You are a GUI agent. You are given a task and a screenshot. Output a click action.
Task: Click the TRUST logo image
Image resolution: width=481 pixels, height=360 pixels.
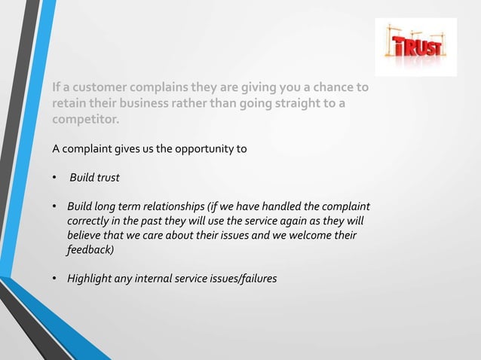pyautogui.click(x=415, y=47)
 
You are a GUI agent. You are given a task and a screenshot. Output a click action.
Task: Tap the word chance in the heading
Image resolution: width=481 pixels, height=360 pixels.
pyautogui.click(x=330, y=88)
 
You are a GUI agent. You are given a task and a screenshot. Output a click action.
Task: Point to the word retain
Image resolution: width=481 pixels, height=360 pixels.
pyautogui.click(x=69, y=104)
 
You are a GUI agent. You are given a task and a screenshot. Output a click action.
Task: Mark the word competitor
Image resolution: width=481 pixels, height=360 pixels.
pyautogui.click(x=84, y=120)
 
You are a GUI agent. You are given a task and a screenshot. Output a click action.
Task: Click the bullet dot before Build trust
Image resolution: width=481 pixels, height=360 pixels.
pyautogui.click(x=54, y=178)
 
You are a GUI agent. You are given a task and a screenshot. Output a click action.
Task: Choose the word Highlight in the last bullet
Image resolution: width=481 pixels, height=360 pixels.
pyautogui.click(x=91, y=279)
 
